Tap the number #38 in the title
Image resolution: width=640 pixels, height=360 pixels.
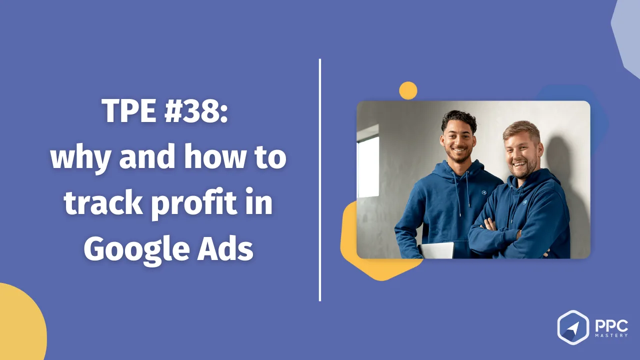196,111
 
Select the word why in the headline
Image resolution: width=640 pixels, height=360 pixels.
80,158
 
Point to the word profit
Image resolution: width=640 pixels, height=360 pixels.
194,203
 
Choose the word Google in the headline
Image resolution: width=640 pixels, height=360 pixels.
136,249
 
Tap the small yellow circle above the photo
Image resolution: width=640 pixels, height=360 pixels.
408,90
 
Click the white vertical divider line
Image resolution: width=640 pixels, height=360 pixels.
319,180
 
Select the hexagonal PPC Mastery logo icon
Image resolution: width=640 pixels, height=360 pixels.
573,327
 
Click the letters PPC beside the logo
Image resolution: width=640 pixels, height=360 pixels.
611,325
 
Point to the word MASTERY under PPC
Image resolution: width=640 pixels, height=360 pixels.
611,335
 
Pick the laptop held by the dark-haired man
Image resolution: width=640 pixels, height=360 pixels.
435,250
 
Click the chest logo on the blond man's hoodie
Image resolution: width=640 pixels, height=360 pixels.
524,202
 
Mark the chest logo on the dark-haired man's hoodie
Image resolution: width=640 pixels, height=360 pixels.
483,192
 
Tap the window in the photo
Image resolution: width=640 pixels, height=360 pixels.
368,161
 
